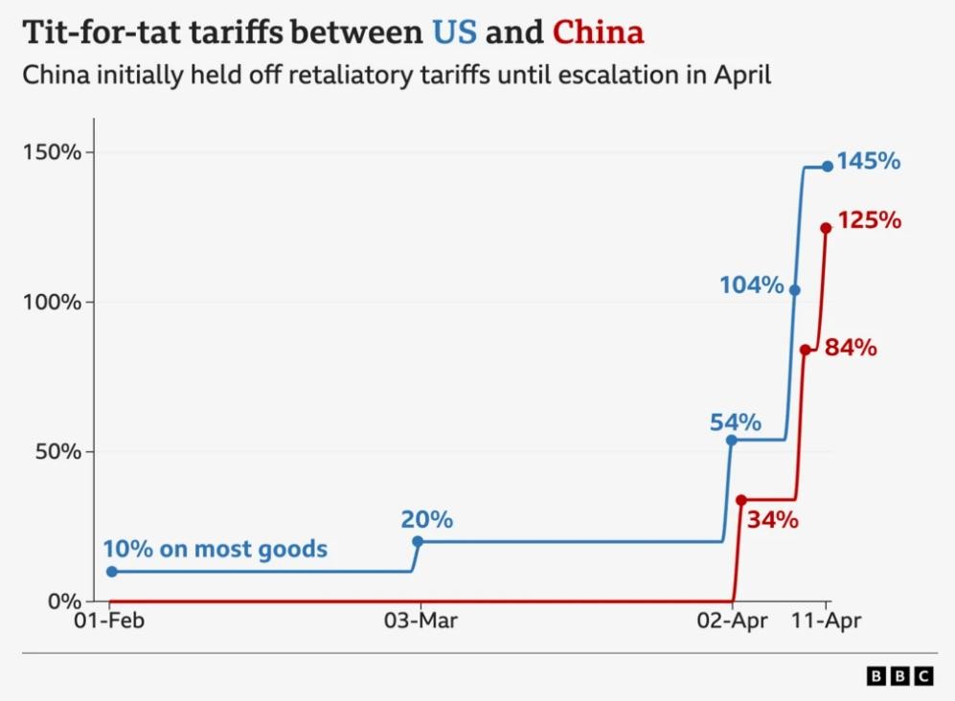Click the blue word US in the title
coord(454,33)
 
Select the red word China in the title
coord(598,33)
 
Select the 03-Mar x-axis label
coord(419,622)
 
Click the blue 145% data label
coord(869,162)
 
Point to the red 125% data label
coord(870,221)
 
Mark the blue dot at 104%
coord(795,289)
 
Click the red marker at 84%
coord(806,350)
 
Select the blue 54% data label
coord(736,422)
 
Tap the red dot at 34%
coord(740,500)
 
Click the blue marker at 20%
coord(418,541)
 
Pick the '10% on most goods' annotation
coord(215,550)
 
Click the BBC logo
coord(899,676)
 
